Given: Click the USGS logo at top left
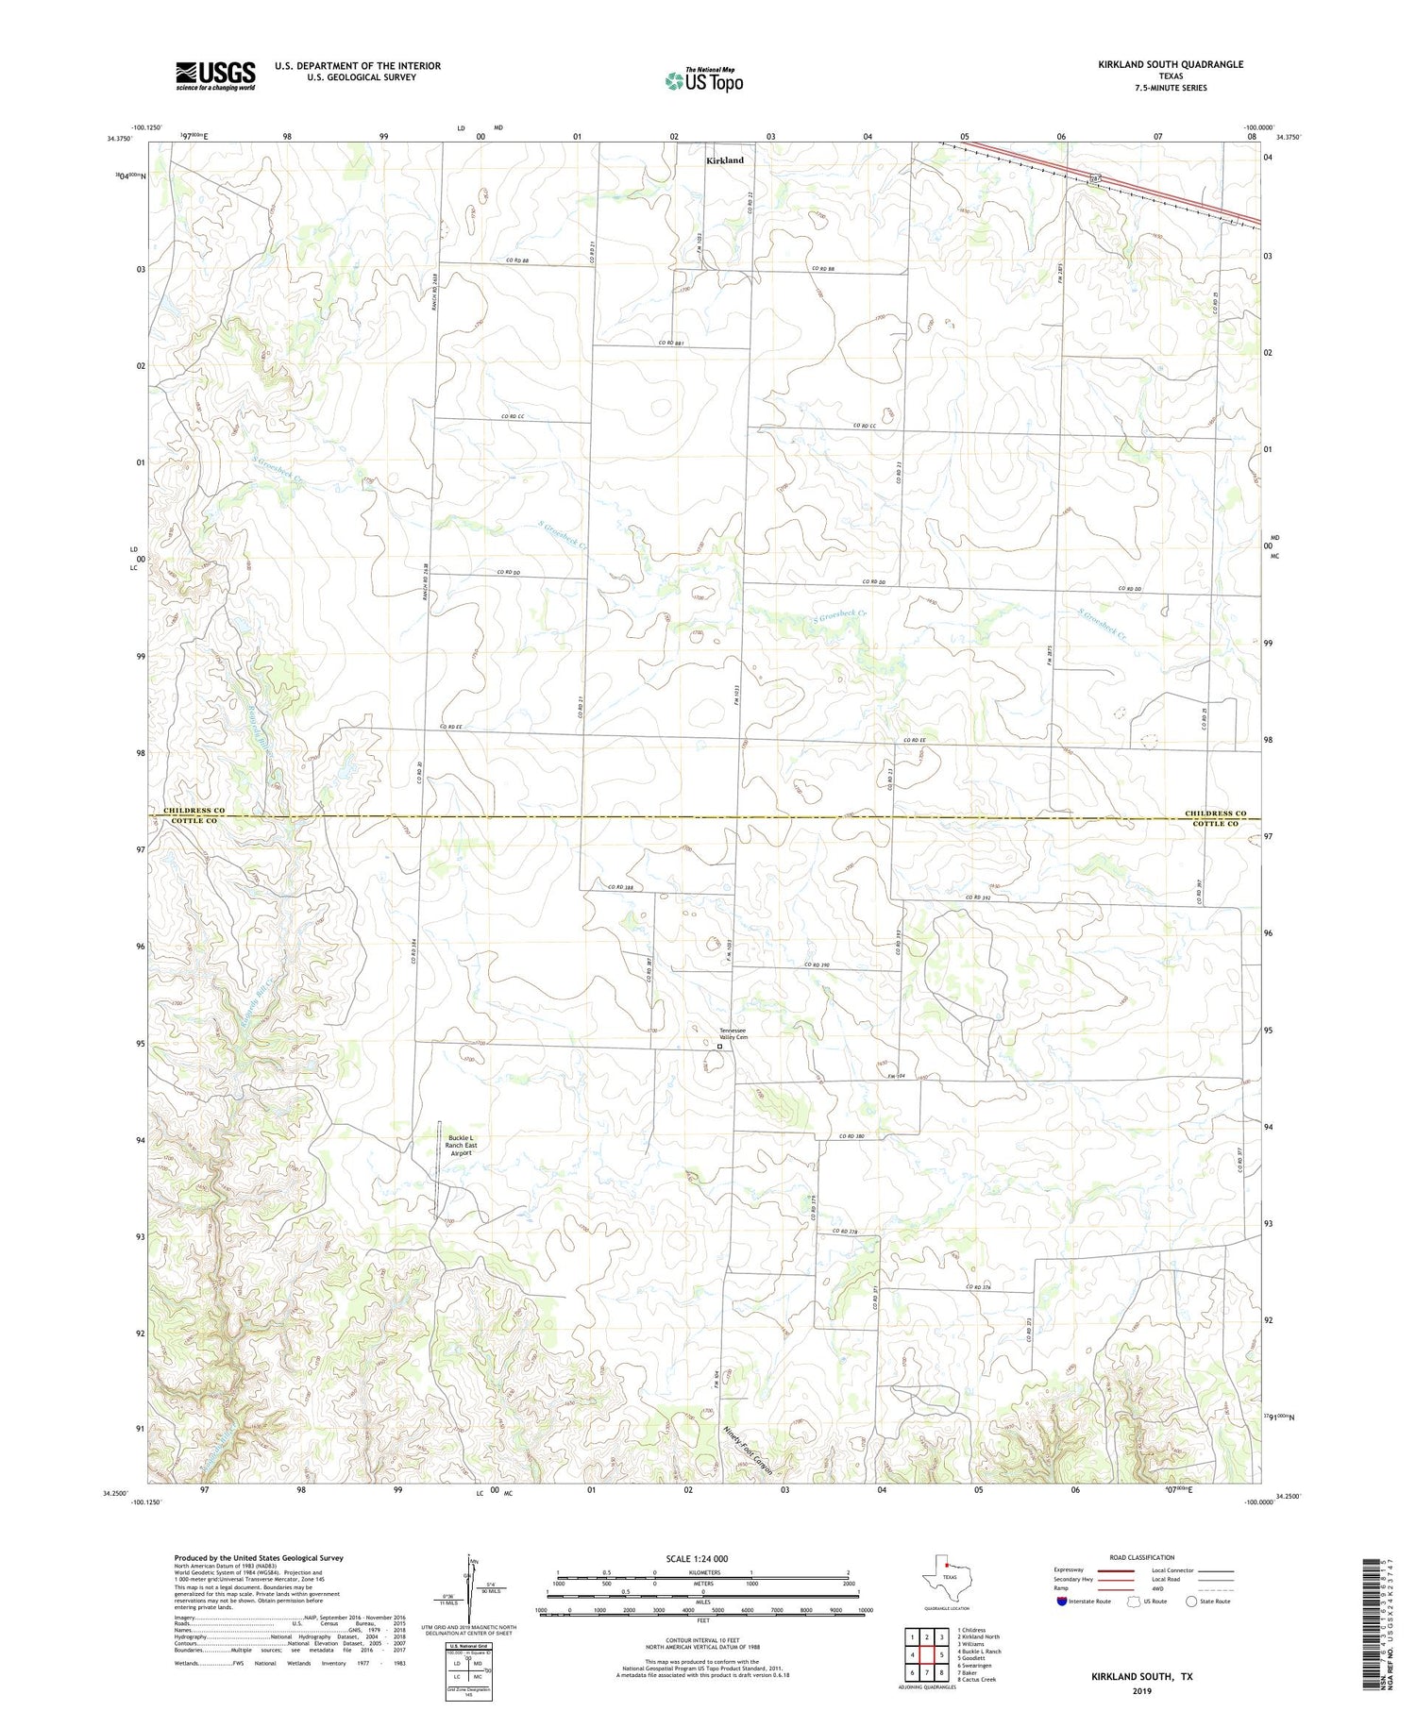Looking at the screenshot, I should click(215, 75).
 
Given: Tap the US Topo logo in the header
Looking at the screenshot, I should click(703, 81).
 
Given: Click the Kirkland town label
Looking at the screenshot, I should click(724, 160).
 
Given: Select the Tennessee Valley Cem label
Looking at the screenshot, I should click(733, 1033).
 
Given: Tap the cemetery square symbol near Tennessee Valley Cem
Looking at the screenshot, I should click(719, 1047).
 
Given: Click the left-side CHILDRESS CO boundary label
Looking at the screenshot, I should click(194, 811).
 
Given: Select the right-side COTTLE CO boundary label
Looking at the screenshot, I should click(1215, 824).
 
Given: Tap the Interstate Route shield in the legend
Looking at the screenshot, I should click(1062, 1602).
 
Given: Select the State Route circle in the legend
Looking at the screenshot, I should click(1191, 1602).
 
